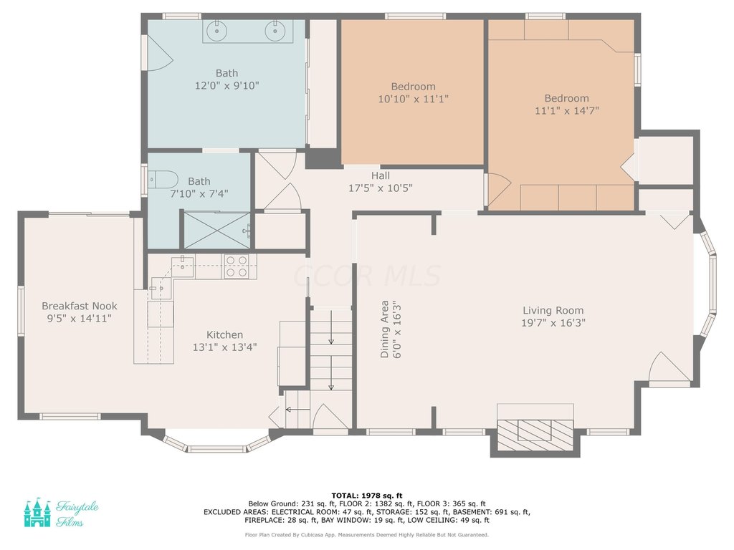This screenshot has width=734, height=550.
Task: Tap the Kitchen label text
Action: pyautogui.click(x=224, y=335)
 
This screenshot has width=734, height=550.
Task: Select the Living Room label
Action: pyautogui.click(x=553, y=311)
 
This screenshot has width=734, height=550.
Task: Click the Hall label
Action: pyautogui.click(x=380, y=176)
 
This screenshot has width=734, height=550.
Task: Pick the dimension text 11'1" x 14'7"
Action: pyautogui.click(x=567, y=111)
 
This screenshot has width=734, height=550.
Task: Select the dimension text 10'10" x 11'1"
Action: pyautogui.click(x=414, y=99)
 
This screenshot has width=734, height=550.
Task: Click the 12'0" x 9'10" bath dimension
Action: pyautogui.click(x=227, y=86)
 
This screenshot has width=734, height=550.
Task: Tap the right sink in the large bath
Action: pyautogui.click(x=275, y=31)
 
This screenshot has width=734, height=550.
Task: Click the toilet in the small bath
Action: pyautogui.click(x=163, y=180)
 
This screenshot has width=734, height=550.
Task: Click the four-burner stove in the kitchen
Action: pyautogui.click(x=236, y=266)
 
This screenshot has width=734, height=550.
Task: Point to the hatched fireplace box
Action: pyautogui.click(x=535, y=435)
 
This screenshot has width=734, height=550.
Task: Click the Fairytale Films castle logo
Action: pyautogui.click(x=37, y=513)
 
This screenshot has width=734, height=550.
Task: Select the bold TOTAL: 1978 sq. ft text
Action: pyautogui.click(x=367, y=496)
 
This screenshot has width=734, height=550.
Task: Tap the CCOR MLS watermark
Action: pyautogui.click(x=367, y=276)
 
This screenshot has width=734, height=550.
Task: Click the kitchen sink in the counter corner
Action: pyautogui.click(x=183, y=267)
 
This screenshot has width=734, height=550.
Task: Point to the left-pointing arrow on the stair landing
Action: pyautogui.click(x=297, y=410)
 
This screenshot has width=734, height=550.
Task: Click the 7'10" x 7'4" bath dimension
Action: pyautogui.click(x=199, y=193)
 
